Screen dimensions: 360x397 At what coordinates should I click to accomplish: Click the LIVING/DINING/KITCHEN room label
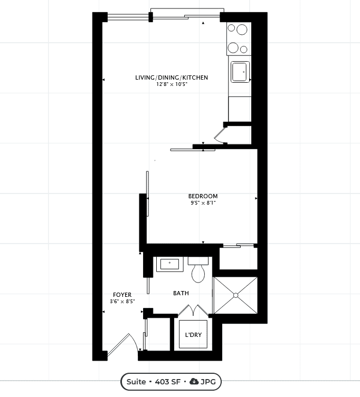(x=172, y=78)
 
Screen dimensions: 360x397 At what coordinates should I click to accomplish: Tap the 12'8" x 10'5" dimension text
(x=172, y=84)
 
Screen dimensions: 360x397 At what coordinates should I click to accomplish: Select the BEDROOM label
(x=203, y=196)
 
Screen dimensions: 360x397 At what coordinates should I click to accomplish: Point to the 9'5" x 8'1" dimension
(x=203, y=203)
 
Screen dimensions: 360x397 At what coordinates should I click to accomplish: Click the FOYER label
(x=122, y=295)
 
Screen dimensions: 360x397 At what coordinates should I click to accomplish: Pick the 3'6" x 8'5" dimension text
(x=122, y=301)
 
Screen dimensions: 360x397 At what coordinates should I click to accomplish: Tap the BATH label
(x=181, y=293)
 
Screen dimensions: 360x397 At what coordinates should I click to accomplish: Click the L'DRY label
(x=193, y=335)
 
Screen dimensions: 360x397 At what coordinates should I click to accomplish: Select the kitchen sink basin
(x=240, y=72)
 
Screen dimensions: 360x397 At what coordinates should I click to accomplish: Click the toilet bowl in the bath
(x=198, y=274)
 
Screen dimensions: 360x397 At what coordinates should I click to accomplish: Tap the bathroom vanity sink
(x=170, y=264)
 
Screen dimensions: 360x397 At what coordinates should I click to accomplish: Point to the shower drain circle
(x=235, y=295)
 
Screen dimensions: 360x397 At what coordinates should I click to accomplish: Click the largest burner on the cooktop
(x=242, y=30)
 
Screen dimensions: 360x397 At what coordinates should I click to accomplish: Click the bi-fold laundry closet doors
(x=193, y=311)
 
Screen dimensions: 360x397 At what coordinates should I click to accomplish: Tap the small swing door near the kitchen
(x=220, y=136)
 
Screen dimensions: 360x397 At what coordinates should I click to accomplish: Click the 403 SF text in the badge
(x=167, y=382)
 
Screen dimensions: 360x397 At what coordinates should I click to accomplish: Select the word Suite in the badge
(x=136, y=382)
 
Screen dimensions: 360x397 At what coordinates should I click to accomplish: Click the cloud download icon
(x=194, y=381)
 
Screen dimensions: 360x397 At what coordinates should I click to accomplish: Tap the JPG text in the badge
(x=208, y=382)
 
